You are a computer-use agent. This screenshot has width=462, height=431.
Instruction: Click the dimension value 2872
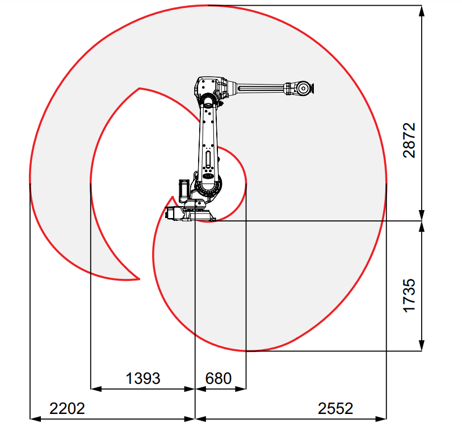click(x=409, y=140)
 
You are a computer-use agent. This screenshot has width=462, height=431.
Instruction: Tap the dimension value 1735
click(x=409, y=295)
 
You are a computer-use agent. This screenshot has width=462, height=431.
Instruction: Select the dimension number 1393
click(x=143, y=378)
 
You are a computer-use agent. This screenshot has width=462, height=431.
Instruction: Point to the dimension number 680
click(x=219, y=378)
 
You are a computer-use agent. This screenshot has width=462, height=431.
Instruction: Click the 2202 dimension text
click(x=67, y=408)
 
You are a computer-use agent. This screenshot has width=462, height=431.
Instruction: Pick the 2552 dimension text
click(x=335, y=408)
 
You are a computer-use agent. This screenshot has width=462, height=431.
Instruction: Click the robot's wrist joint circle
click(x=303, y=88)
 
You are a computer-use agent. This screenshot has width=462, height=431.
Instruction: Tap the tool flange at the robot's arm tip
click(x=312, y=88)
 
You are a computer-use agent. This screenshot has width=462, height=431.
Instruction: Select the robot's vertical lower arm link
click(x=209, y=141)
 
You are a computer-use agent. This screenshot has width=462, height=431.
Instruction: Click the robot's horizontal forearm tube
click(x=261, y=87)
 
